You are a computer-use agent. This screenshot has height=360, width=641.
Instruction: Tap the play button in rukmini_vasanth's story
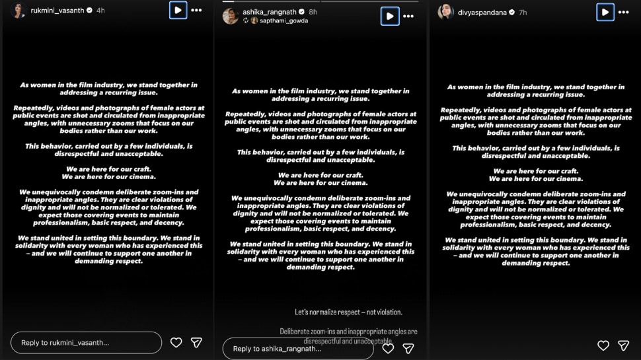[x=178, y=11]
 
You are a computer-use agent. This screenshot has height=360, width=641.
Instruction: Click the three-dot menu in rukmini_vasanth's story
[x=196, y=11]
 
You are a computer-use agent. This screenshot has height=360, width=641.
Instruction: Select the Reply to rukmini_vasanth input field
[x=86, y=343]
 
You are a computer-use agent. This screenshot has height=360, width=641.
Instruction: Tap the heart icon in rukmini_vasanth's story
[x=176, y=342]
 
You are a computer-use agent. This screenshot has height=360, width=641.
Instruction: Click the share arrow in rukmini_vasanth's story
[x=196, y=342]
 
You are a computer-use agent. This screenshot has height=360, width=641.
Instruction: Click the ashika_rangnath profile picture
[x=231, y=16]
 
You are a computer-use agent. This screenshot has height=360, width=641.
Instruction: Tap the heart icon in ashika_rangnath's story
[x=389, y=347]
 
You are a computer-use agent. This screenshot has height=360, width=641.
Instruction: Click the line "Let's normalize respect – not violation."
[x=348, y=312]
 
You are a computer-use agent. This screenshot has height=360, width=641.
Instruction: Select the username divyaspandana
[x=482, y=12]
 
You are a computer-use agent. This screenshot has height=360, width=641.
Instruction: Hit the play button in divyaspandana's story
[x=605, y=12]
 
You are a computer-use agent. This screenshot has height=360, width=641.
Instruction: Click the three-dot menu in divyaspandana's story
[x=624, y=12]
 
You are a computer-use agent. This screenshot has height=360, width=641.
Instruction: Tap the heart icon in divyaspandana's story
[x=603, y=345]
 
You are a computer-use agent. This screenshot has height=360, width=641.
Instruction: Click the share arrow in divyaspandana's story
[x=623, y=345]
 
